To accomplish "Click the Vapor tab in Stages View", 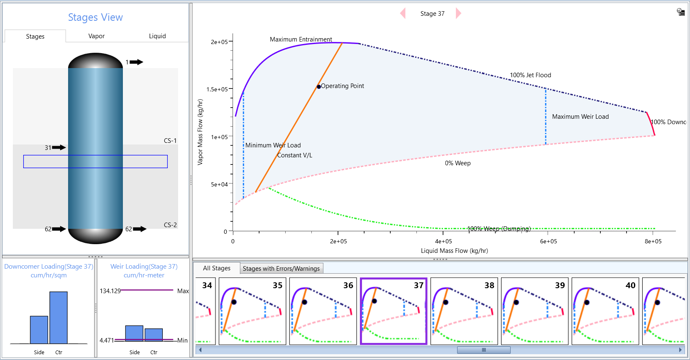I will pos(96,36).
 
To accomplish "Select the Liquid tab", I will pos(157,36).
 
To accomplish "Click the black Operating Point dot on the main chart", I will pos(318,87).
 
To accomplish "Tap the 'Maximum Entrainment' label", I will pos(301,39).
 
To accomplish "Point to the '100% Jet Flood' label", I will pos(530,75).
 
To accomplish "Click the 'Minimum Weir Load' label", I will pos(273,145).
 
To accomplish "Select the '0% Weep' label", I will pos(458,163).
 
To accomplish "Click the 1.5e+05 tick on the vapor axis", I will pos(217,89).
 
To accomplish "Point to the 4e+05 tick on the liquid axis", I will pos(443,241).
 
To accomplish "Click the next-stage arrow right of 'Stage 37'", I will pos(458,13).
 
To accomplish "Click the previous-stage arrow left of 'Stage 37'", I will pos(403,13).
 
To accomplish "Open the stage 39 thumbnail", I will pos(534,311).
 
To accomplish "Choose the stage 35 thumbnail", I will pos(252,311).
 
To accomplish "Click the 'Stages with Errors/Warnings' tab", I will pos(281,269).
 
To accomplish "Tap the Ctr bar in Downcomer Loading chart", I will pos(59,318).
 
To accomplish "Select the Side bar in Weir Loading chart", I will pos(134,333).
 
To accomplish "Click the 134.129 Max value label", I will pos(110,291).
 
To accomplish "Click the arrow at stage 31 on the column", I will pos(59,147).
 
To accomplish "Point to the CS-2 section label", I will pos(170,225).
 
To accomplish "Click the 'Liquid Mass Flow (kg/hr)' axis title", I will pos(454,251).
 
